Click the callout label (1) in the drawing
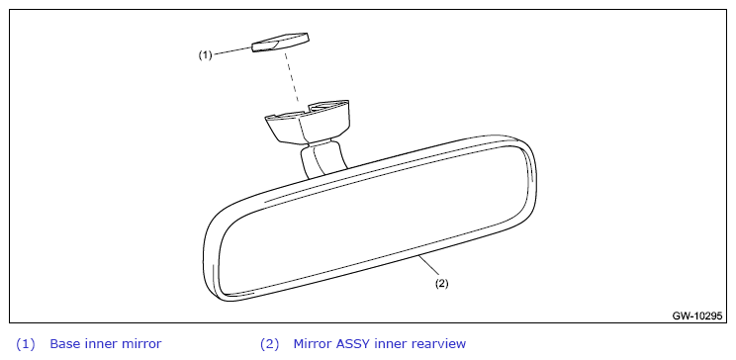click(x=205, y=55)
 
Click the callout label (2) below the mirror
click(x=441, y=284)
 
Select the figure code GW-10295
click(x=696, y=316)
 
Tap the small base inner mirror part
click(x=280, y=43)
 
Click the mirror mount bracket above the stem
click(x=308, y=122)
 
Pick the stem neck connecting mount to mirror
click(x=322, y=158)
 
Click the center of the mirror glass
click(x=374, y=220)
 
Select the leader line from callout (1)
click(x=232, y=51)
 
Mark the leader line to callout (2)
click(x=429, y=266)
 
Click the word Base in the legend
click(x=65, y=344)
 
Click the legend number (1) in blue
click(x=26, y=344)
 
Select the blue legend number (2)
click(x=269, y=344)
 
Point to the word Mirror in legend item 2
click(x=313, y=344)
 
